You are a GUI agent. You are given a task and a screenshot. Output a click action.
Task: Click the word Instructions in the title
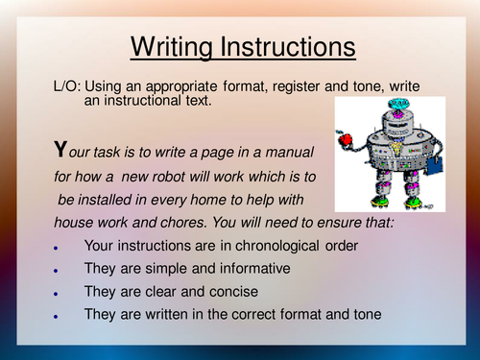click(x=289, y=45)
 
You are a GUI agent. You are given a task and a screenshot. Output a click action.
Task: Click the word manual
click(x=298, y=155)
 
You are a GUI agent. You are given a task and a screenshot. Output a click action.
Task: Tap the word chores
click(x=160, y=222)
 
